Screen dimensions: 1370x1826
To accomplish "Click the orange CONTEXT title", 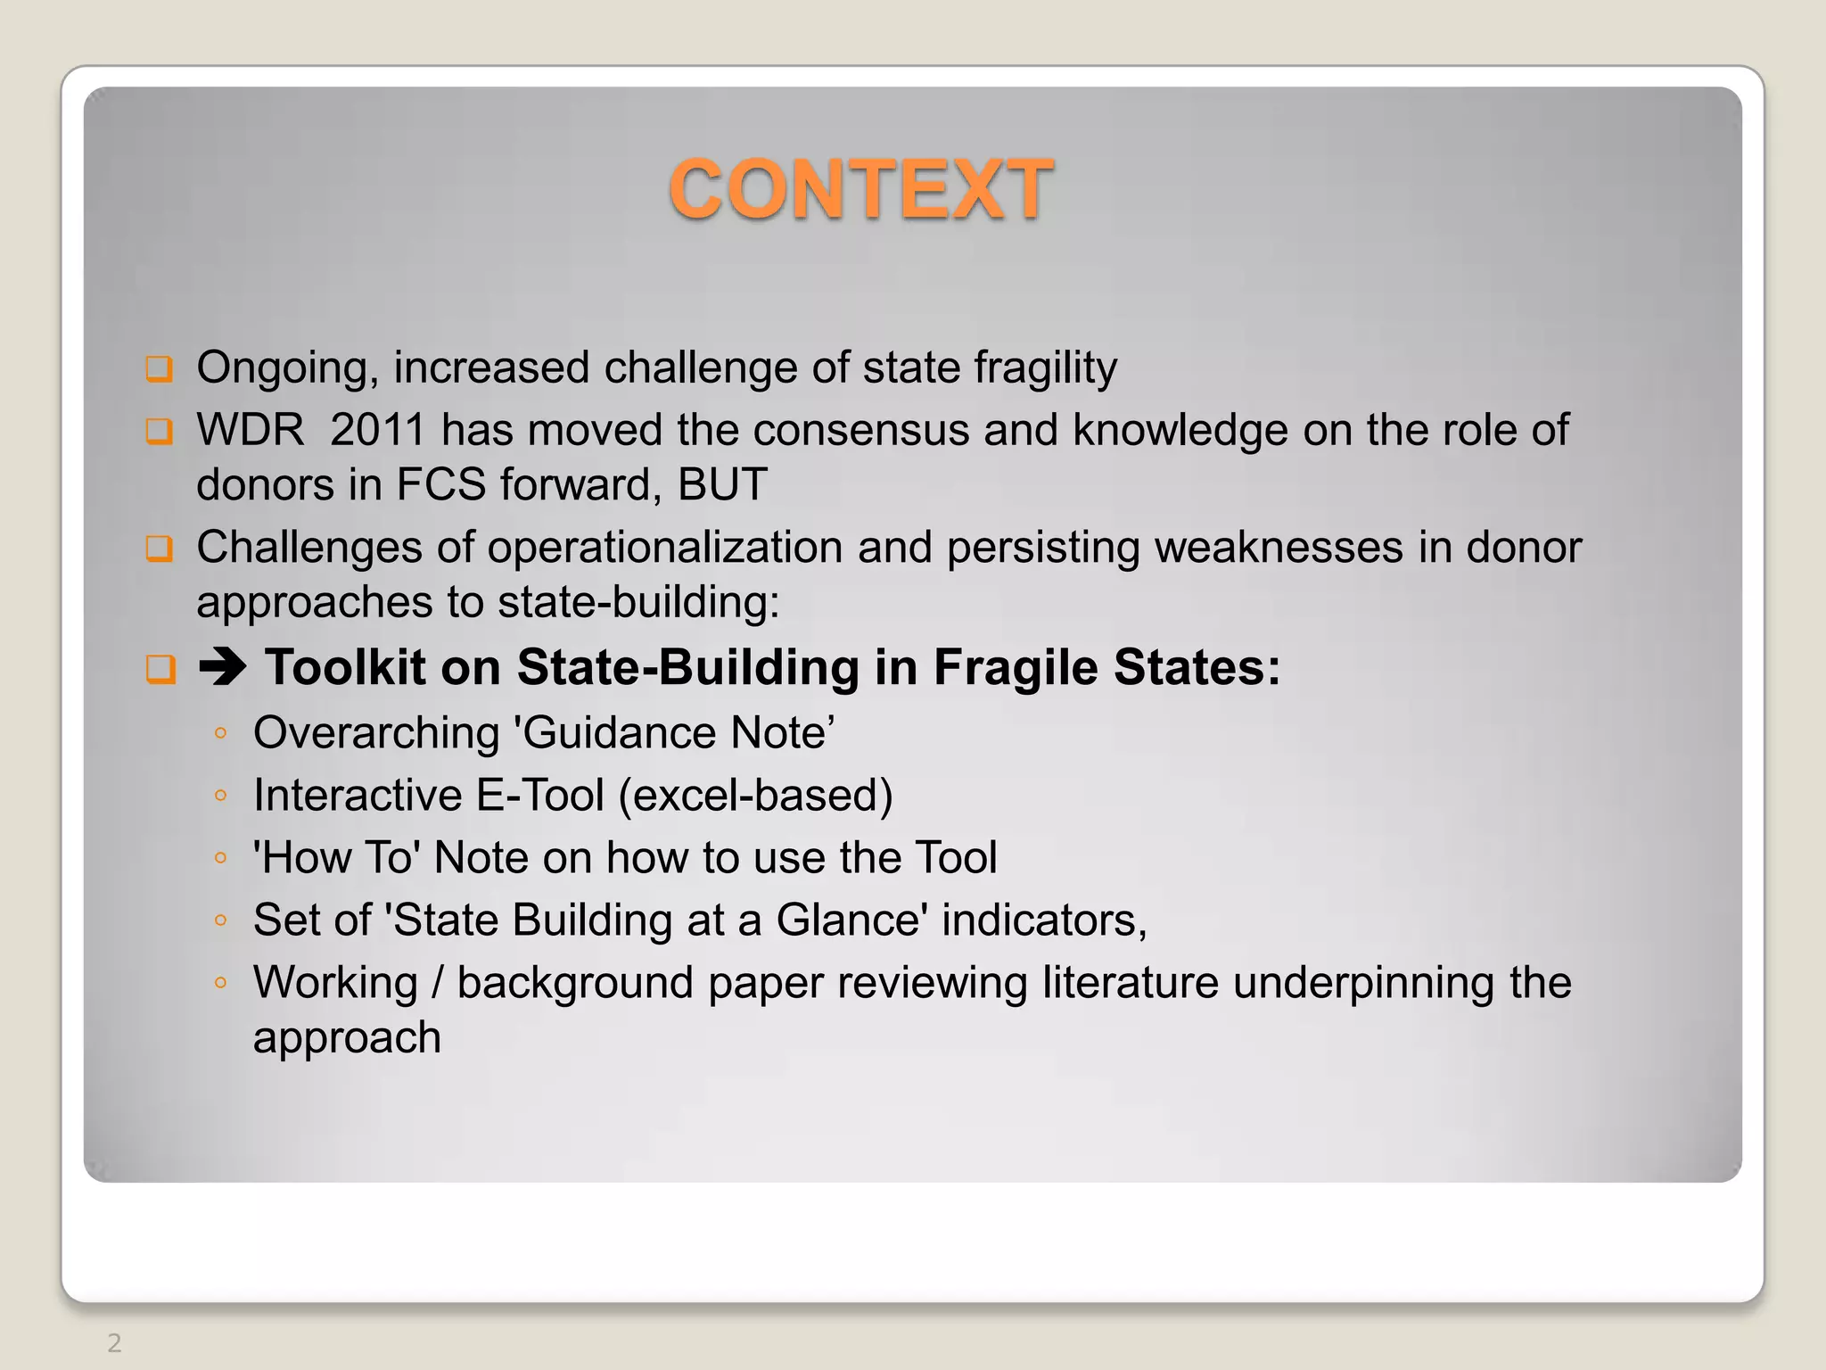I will (861, 189).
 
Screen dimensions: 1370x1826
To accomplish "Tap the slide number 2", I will (114, 1342).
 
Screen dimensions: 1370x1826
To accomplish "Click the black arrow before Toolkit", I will (222, 666).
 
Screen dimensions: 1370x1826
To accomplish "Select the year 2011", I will (377, 430).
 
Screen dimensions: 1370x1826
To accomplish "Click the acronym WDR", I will (251, 430).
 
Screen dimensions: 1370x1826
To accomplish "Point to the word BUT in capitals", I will (722, 485).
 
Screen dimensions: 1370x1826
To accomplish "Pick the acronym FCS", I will (440, 485).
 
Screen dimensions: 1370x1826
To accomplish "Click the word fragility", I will (1045, 368).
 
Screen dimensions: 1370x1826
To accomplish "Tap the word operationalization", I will (664, 547).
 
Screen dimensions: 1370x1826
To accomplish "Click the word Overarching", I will (376, 733).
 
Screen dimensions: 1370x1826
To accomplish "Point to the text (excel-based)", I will (756, 796).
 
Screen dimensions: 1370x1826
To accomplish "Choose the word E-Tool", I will (540, 796).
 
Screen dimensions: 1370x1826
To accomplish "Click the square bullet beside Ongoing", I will (160, 368).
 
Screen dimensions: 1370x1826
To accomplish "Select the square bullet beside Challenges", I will (160, 548).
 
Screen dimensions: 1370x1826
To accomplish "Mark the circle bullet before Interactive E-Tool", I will (220, 796).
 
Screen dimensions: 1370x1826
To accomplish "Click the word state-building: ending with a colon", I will (638, 603).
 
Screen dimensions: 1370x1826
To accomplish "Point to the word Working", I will (335, 984).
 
